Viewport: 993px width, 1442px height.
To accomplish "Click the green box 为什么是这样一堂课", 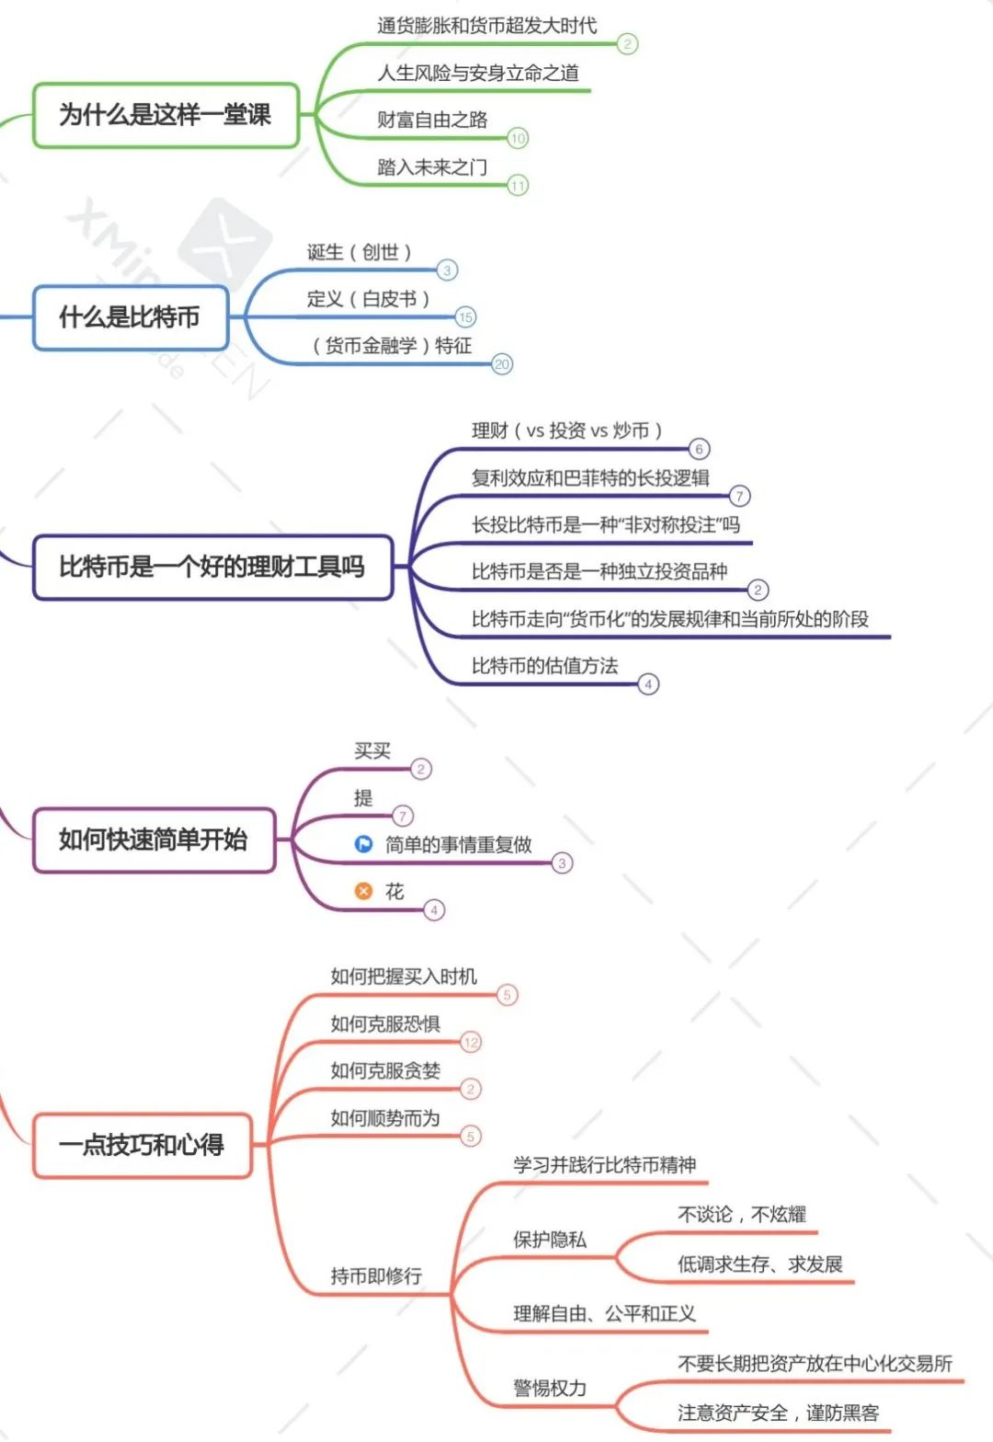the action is pyautogui.click(x=165, y=115).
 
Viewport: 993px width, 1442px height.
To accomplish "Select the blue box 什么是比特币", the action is pyautogui.click(x=130, y=317).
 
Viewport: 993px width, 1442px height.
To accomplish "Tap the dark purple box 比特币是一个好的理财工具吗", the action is pyautogui.click(x=212, y=566).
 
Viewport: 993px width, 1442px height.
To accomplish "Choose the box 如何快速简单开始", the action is pyautogui.click(x=154, y=840).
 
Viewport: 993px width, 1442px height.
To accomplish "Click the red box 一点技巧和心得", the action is pyautogui.click(x=142, y=1145).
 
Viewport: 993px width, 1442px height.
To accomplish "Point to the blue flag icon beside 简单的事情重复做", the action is pyautogui.click(x=364, y=843).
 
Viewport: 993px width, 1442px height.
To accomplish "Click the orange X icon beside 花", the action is pyautogui.click(x=364, y=890).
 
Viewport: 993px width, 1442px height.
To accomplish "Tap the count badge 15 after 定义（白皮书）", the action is pyautogui.click(x=466, y=317).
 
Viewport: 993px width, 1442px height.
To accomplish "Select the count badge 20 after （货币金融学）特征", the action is pyautogui.click(x=502, y=364).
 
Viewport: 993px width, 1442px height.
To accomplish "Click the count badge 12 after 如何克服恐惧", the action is pyautogui.click(x=471, y=1042).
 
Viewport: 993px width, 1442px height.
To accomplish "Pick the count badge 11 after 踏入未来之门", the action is pyautogui.click(x=518, y=186).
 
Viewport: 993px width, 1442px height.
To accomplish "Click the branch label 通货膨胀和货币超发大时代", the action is pyautogui.click(x=486, y=26).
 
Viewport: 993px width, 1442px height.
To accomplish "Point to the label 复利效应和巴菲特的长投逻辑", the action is pyautogui.click(x=590, y=477).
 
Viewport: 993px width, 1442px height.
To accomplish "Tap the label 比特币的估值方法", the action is pyautogui.click(x=544, y=666).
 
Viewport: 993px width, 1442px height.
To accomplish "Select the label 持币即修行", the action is pyautogui.click(x=376, y=1276).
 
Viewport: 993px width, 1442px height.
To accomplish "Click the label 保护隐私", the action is pyautogui.click(x=549, y=1240).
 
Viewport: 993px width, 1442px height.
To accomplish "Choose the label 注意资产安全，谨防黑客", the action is pyautogui.click(x=778, y=1413).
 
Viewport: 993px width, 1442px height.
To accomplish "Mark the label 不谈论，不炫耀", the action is pyautogui.click(x=741, y=1215).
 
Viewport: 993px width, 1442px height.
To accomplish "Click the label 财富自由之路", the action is pyautogui.click(x=432, y=120).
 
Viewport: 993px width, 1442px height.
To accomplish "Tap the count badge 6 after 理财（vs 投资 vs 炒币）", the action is pyautogui.click(x=699, y=449).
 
